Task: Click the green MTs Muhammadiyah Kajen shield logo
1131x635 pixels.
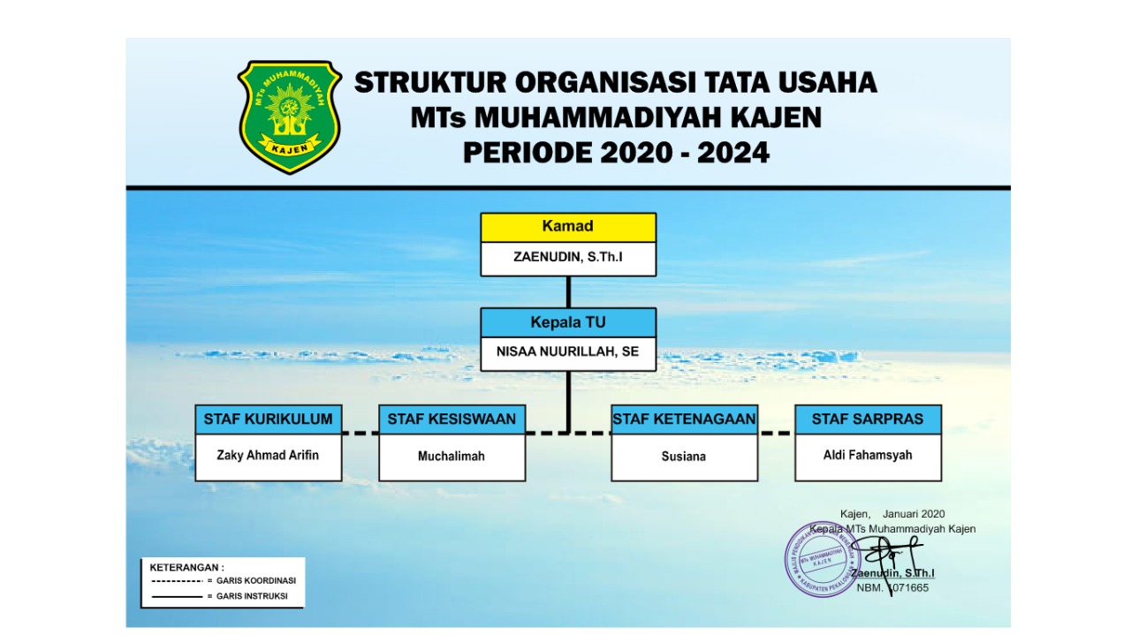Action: coord(289,117)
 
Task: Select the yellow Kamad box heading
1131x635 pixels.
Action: coord(568,227)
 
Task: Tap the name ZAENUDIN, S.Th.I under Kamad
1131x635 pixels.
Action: coord(568,257)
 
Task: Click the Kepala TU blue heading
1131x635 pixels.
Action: coord(568,322)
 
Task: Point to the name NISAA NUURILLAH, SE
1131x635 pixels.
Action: coord(568,352)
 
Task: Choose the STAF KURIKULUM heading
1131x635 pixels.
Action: coord(269,420)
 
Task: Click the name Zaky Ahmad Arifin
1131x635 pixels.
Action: coord(269,456)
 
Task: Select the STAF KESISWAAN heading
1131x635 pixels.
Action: coord(452,420)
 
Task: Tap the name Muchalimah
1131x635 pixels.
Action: coord(452,457)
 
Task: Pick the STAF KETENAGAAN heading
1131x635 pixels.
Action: coord(684,420)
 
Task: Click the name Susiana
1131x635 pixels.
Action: coord(684,457)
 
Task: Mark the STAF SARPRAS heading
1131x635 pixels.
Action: coord(868,420)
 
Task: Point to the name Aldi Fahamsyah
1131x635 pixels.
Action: coord(868,455)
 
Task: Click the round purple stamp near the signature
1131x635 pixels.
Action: coord(822,559)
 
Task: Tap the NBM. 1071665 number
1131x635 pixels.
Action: coord(892,587)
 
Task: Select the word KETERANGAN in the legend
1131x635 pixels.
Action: coord(186,567)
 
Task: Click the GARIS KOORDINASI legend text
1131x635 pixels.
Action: coord(256,581)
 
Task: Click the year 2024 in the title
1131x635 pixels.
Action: coord(733,153)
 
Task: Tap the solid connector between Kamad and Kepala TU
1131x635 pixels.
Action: coord(568,292)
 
